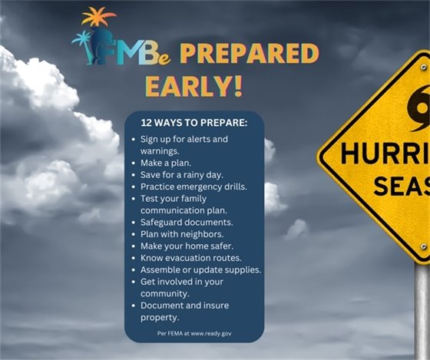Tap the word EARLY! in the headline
coord(193,85)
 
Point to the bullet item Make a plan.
coord(167,163)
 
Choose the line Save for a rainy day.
coord(182,175)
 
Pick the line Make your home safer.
coord(183,246)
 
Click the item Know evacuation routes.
coord(190,258)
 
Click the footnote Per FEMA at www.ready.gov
coord(193,334)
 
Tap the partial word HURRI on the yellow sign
coord(384,153)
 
